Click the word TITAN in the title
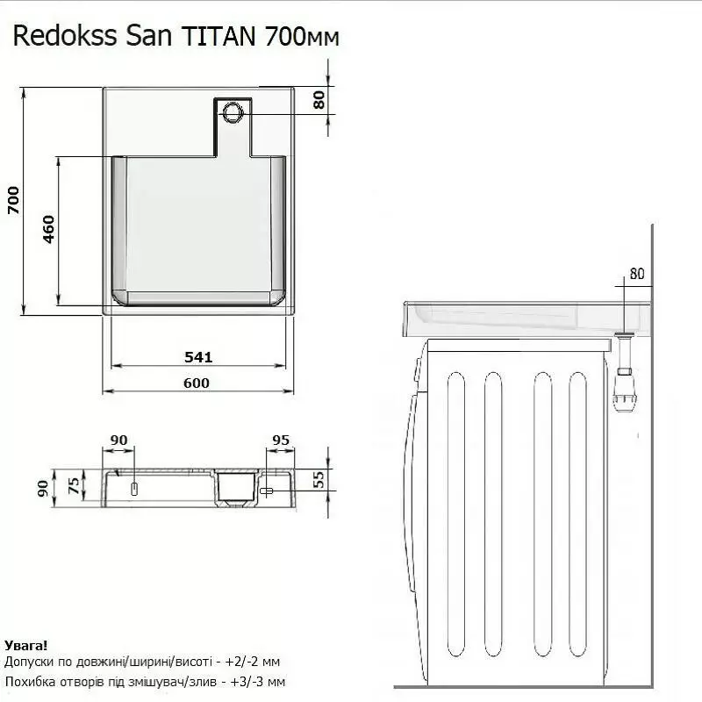(218, 36)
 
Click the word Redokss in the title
(65, 36)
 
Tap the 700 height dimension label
(14, 200)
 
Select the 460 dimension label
(48, 229)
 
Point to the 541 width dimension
(198, 357)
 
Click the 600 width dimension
(197, 383)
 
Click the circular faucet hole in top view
(233, 112)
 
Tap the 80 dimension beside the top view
(319, 100)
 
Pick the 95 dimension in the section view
(281, 441)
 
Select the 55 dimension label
(319, 479)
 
